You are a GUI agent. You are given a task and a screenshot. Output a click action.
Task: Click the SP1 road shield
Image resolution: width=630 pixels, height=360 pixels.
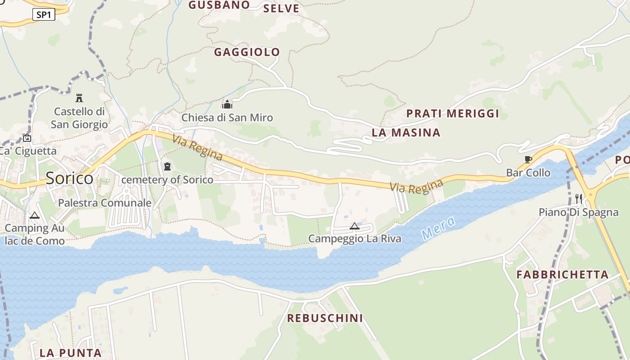pos(44,15)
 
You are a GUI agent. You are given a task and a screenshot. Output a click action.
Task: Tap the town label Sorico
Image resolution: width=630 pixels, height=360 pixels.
pos(69,179)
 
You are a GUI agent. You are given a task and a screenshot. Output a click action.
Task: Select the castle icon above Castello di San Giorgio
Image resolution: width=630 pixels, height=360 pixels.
pos(79,98)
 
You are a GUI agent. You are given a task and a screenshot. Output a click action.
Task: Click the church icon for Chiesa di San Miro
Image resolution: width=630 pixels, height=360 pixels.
pos(227,105)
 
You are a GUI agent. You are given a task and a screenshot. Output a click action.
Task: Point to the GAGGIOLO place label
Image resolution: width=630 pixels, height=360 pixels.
pos(247,52)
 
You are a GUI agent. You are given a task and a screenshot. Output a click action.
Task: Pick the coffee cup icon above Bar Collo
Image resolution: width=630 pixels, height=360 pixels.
pos(528,160)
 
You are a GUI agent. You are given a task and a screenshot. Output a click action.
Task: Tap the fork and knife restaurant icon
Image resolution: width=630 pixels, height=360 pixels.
pos(579,198)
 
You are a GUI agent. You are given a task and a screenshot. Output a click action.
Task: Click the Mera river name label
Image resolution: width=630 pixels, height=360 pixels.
pos(439,228)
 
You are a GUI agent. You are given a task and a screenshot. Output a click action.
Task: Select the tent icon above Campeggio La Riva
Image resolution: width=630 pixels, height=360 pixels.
pos(355,226)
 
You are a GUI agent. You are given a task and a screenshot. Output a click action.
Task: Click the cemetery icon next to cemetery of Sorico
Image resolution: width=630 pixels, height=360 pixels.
pos(167,167)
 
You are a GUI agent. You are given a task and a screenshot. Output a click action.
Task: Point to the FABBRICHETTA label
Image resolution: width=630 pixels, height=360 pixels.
pos(562,274)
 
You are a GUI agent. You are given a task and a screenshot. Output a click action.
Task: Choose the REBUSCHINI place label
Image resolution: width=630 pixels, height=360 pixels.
pos(325,318)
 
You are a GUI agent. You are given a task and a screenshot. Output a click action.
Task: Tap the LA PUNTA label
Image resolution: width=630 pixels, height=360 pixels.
pos(71,353)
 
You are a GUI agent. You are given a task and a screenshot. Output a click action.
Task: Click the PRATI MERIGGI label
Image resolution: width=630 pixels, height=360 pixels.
pos(453,113)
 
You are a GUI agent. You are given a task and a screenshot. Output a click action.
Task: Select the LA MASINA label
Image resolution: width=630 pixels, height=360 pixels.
pos(406,133)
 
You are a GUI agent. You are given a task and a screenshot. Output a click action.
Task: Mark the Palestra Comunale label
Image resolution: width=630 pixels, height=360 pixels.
pos(104,203)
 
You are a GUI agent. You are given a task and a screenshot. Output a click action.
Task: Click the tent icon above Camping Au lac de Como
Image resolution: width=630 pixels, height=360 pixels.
pos(35,216)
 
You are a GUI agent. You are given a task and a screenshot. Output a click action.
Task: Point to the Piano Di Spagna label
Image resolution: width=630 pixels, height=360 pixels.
pos(572,212)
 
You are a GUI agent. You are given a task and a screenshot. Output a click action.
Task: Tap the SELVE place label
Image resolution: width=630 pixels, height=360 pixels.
pos(281,9)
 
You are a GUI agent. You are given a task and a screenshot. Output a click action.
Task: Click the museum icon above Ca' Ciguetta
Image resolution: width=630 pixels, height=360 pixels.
pos(27,138)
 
